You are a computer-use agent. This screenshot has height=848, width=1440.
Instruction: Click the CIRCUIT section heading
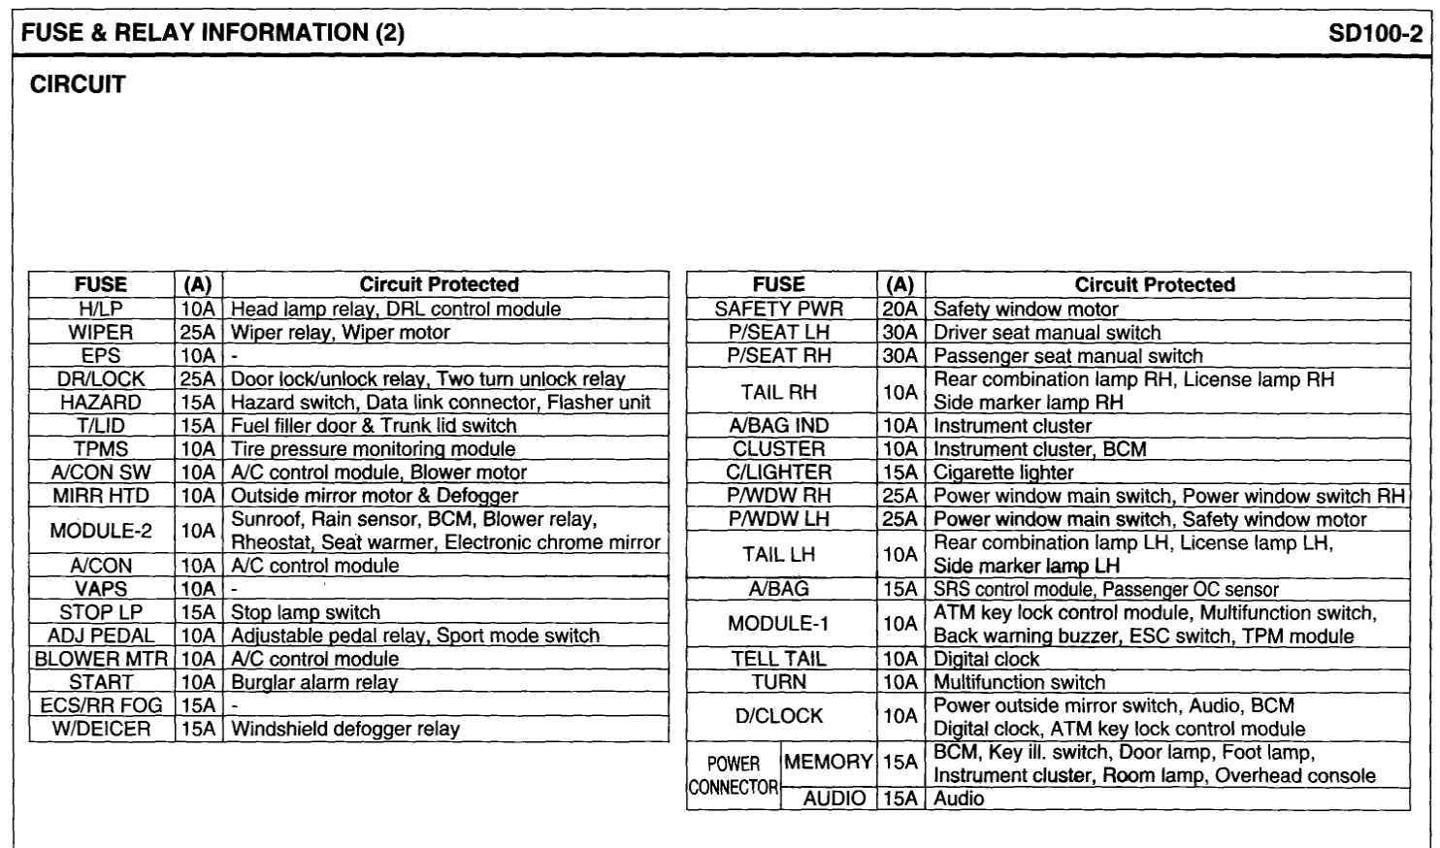(x=78, y=85)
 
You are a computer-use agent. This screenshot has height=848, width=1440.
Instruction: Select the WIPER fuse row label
(x=101, y=333)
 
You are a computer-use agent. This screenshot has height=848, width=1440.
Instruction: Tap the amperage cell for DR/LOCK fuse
(x=198, y=379)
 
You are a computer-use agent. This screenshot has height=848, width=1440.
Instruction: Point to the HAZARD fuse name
(x=101, y=403)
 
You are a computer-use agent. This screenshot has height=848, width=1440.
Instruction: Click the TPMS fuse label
(x=101, y=449)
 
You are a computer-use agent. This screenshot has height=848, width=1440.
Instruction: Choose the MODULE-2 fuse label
(x=101, y=531)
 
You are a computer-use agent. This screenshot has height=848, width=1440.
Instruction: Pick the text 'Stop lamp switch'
(x=305, y=613)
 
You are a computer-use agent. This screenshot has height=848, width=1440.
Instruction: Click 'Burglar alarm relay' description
(x=314, y=683)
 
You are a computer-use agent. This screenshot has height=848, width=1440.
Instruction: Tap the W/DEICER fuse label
(x=101, y=729)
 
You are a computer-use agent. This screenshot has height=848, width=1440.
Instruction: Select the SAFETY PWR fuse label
(x=779, y=310)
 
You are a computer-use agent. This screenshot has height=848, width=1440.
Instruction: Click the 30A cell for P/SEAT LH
(x=900, y=333)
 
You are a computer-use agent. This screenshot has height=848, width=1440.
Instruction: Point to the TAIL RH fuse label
(x=779, y=392)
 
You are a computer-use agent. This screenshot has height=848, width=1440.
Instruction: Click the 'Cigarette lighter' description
(x=1003, y=473)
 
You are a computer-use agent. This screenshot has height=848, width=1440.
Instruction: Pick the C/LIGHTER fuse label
(x=779, y=473)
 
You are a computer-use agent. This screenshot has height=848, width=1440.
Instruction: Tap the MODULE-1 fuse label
(x=779, y=624)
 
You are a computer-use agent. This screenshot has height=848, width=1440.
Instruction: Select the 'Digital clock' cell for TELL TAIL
(x=986, y=660)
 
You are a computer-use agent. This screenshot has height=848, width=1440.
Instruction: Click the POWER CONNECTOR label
(x=734, y=775)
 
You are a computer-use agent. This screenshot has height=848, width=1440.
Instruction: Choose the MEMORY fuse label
(x=828, y=763)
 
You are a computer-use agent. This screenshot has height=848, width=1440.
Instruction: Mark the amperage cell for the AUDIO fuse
(x=900, y=799)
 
